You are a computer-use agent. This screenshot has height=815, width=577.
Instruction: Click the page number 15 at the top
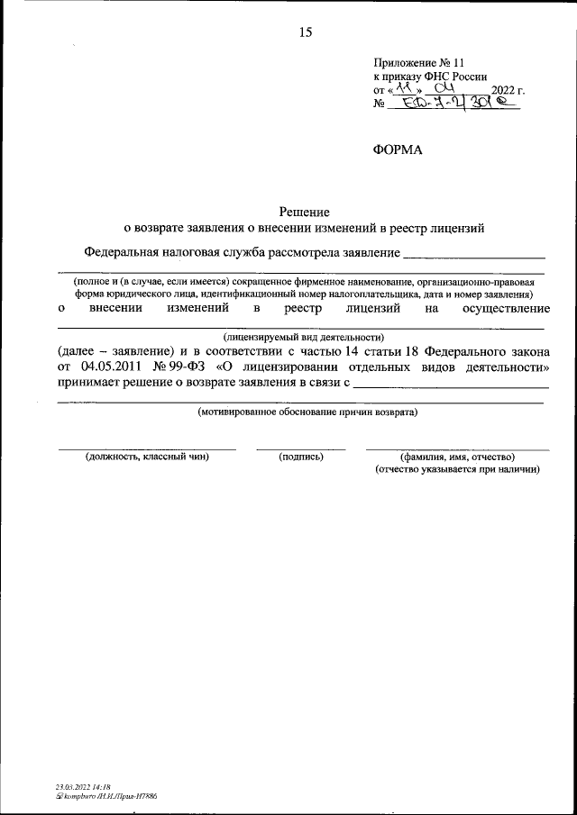305,32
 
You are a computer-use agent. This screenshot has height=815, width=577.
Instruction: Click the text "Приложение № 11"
419,62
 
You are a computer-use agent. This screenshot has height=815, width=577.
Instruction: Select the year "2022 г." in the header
508,90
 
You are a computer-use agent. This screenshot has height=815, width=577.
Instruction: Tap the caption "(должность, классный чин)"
147,457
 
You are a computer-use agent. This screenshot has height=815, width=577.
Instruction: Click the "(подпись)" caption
301,457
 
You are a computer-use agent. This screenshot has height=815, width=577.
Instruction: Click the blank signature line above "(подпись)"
300,448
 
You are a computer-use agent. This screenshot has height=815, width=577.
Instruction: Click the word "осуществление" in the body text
505,309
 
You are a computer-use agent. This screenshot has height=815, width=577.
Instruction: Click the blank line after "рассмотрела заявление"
473,258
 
